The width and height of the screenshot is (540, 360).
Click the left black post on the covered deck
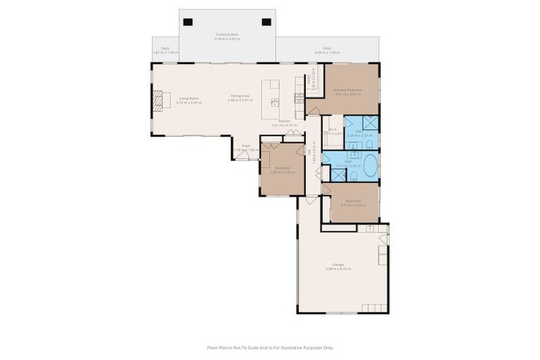tap(188, 22)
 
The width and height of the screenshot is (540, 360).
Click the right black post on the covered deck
tap(266, 22)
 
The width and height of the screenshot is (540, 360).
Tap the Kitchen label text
tap(284, 122)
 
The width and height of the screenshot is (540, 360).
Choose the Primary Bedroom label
tap(348, 91)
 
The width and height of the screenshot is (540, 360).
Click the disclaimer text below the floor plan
tap(269, 347)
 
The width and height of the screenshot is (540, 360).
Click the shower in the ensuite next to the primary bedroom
tap(370, 123)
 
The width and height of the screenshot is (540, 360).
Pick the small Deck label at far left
tap(165, 50)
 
